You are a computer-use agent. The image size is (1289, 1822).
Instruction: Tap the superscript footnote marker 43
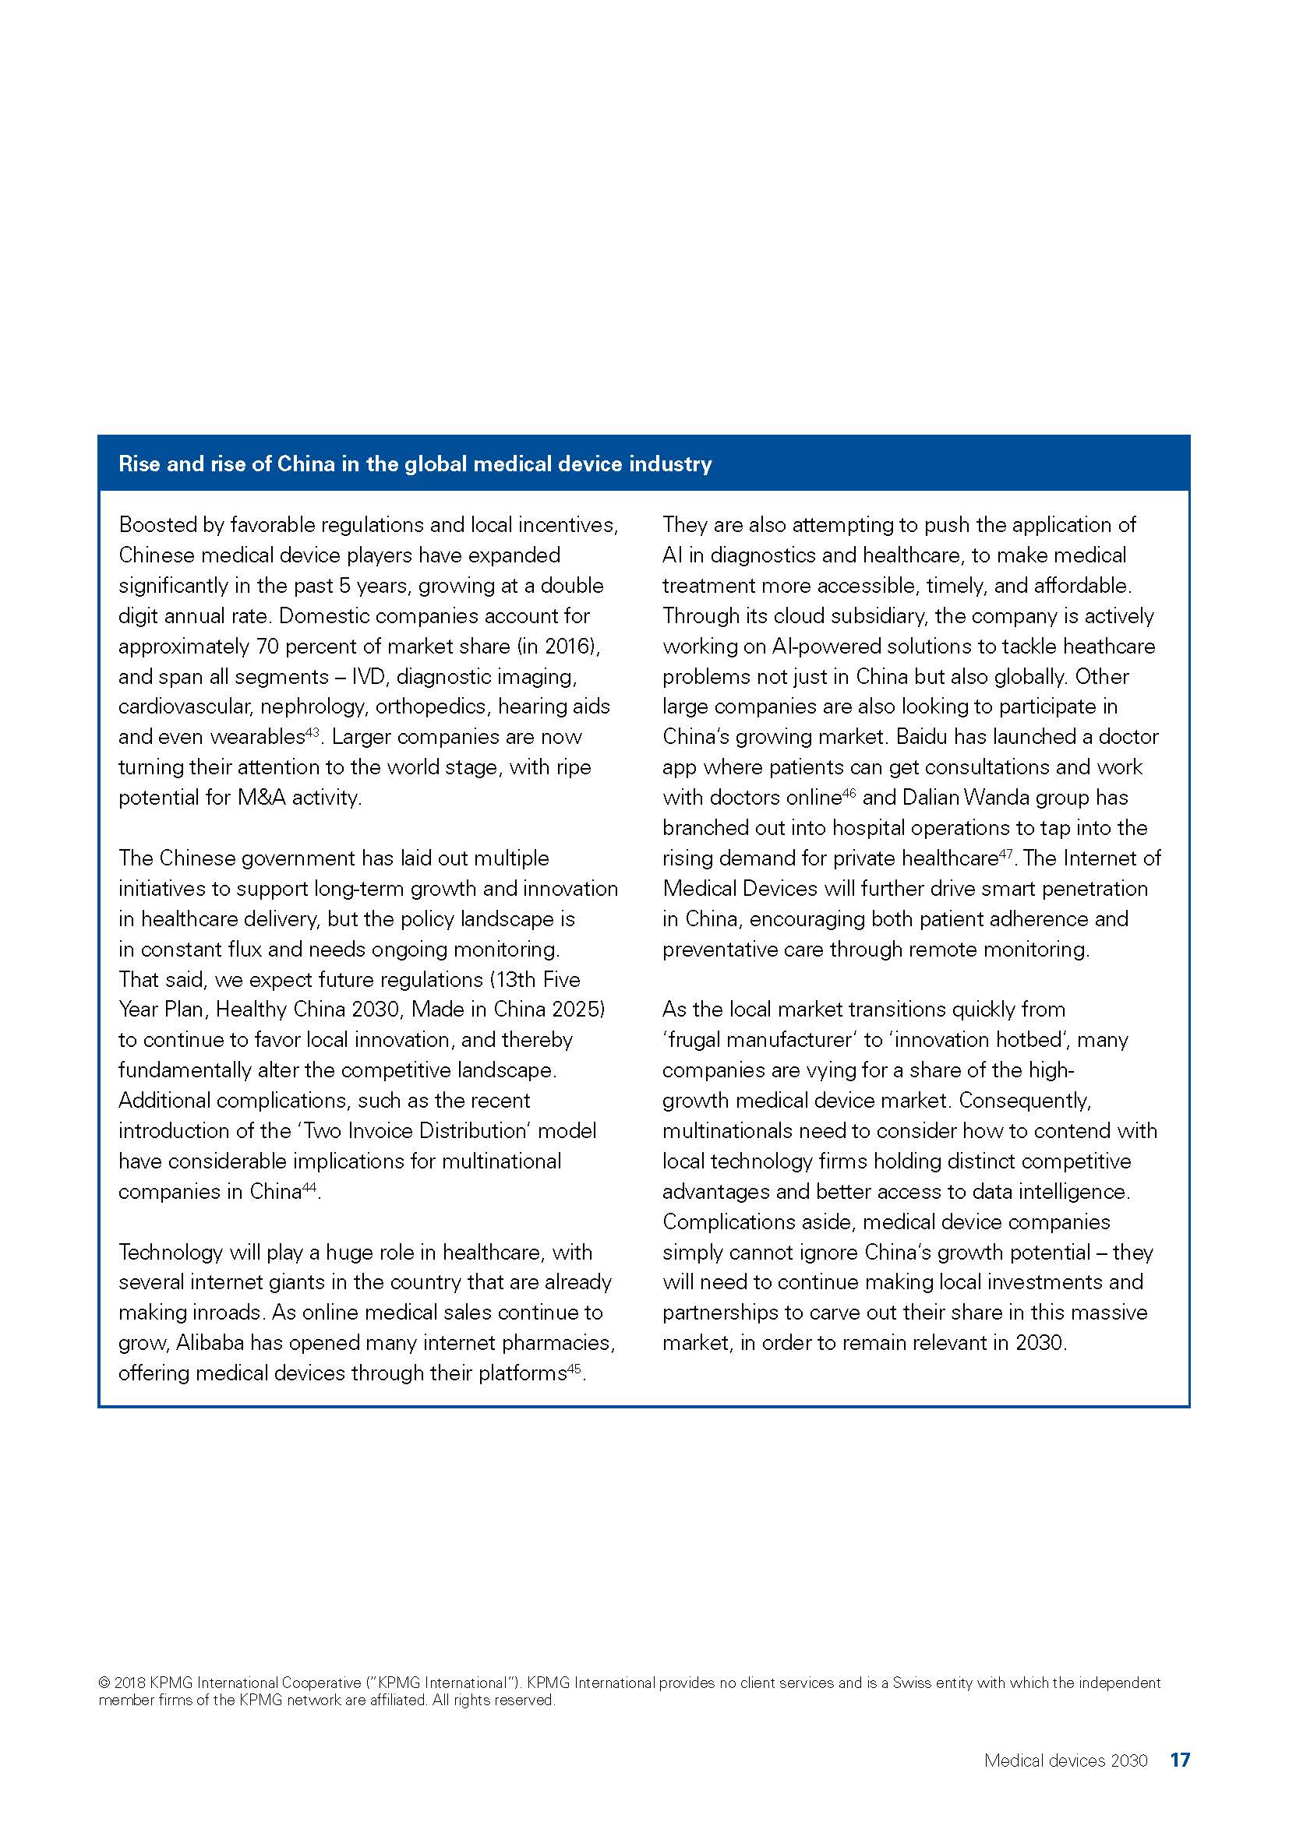tap(312, 732)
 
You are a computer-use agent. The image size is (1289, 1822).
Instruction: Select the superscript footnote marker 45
tap(574, 1369)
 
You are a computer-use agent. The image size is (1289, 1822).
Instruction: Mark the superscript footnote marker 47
tap(1005, 853)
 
